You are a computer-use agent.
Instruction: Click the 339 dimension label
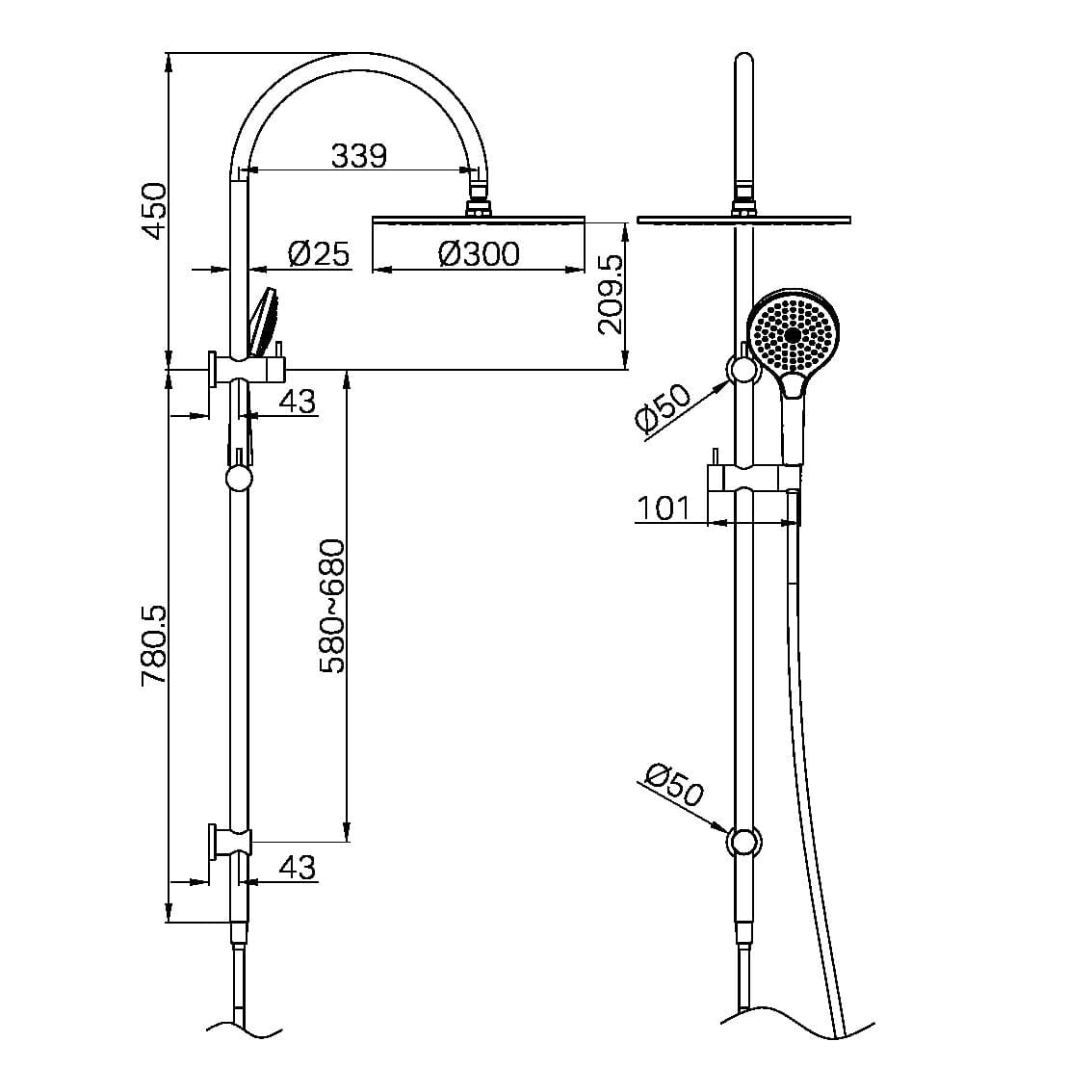coord(358,155)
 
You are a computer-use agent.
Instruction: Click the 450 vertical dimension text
coord(154,212)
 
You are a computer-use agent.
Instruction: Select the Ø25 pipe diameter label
coord(318,254)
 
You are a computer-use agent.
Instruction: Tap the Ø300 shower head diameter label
coord(478,254)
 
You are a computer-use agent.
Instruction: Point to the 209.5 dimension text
coord(611,294)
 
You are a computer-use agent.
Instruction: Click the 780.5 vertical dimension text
coord(154,645)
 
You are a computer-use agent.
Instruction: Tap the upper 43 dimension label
coord(298,401)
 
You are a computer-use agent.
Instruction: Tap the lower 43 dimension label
coord(298,868)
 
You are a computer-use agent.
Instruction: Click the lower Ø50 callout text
coord(674,785)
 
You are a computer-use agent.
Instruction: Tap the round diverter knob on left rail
coord(238,479)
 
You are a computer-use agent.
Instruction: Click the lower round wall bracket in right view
coord(743,841)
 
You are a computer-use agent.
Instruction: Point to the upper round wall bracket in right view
coord(743,370)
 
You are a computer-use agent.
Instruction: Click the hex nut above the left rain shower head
coord(478,205)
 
